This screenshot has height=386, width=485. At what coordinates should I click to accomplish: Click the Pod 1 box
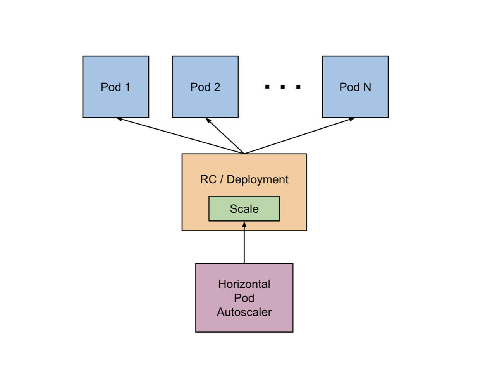[115, 87]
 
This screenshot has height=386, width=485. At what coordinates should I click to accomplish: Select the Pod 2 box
[205, 87]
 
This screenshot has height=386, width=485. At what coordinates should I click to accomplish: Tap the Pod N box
[355, 87]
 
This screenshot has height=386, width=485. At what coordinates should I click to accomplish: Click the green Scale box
[244, 209]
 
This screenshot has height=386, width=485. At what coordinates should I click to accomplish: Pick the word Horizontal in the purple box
[244, 284]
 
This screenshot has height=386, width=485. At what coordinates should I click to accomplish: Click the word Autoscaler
[244, 312]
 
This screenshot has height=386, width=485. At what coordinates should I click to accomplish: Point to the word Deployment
[258, 179]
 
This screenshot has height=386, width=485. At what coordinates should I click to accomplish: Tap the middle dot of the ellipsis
[282, 87]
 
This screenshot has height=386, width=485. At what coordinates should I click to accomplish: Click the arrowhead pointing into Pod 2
[208, 121]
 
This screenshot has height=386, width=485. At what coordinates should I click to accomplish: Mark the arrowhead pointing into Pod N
[351, 119]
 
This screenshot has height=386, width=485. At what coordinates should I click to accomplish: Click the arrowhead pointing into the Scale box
[244, 224]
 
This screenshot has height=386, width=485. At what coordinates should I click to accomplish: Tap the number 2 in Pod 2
[217, 87]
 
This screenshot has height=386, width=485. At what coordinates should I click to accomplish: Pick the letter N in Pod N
[366, 87]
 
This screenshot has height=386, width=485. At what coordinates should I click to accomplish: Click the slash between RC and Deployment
[222, 179]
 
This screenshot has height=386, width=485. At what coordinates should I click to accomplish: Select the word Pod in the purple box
[244, 298]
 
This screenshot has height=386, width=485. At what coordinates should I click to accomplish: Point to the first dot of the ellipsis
[267, 87]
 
